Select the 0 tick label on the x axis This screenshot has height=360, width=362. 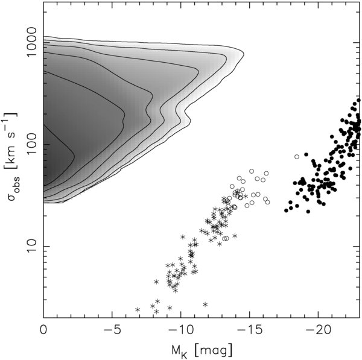(43, 330)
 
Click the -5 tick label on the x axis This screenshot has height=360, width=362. (109, 330)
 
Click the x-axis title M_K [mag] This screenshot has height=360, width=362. (203, 349)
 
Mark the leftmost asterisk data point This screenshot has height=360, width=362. (138, 309)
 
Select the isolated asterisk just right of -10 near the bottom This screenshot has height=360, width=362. (205, 305)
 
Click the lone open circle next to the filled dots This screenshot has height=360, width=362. (296, 157)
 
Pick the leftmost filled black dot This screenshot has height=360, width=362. (286, 210)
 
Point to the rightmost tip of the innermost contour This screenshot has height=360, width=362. (74, 157)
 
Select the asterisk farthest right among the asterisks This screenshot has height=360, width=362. (246, 196)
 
